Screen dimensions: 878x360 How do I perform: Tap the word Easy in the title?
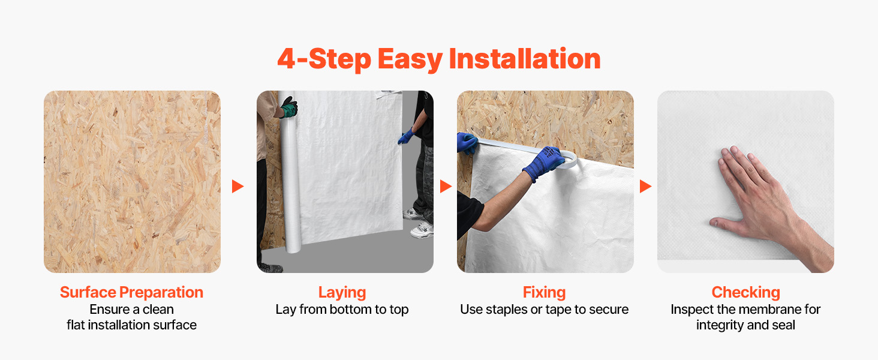(x=410, y=59)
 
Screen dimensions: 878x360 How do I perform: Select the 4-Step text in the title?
(x=324, y=59)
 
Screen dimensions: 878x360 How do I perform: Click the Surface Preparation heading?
(x=132, y=293)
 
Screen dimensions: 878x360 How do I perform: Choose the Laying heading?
(x=342, y=293)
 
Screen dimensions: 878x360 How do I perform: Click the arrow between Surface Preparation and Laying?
(x=237, y=186)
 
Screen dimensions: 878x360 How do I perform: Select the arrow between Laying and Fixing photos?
(x=446, y=186)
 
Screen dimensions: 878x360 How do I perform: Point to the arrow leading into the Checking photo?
(x=645, y=186)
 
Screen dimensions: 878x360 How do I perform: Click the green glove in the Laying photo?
(x=290, y=107)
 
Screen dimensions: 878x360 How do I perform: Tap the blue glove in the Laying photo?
(x=407, y=136)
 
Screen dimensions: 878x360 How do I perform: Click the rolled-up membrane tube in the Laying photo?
(x=289, y=173)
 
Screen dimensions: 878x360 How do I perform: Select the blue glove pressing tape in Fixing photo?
(x=544, y=163)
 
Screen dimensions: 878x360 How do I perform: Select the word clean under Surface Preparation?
(x=158, y=310)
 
